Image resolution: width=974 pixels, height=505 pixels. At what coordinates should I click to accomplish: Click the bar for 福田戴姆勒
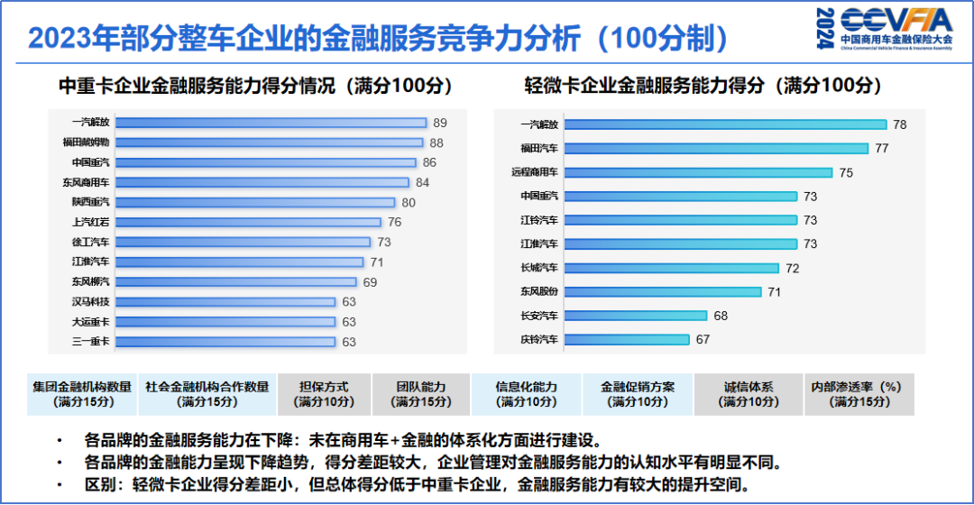[269, 142]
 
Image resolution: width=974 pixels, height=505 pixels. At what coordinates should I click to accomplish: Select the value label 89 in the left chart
[440, 123]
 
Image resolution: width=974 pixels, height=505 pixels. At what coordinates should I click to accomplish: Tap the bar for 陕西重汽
[255, 202]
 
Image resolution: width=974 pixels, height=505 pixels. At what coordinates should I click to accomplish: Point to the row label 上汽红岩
[91, 222]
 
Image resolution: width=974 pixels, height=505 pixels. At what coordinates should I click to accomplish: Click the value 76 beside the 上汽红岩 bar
[394, 222]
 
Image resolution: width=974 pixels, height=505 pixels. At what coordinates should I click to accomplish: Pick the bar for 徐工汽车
[243, 242]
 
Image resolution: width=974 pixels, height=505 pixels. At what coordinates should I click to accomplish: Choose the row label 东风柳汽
[91, 281]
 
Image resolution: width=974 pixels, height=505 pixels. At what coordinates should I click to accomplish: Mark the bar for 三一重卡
[225, 342]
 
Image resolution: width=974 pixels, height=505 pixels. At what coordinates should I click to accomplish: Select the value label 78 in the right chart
[899, 124]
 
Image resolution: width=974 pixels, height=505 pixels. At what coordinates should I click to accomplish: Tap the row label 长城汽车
[539, 268]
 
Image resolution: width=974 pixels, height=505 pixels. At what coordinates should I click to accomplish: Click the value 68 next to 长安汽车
[721, 316]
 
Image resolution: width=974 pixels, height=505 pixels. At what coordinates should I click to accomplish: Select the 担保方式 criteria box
[324, 394]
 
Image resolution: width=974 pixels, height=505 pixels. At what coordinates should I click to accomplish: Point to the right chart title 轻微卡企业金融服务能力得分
[703, 86]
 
